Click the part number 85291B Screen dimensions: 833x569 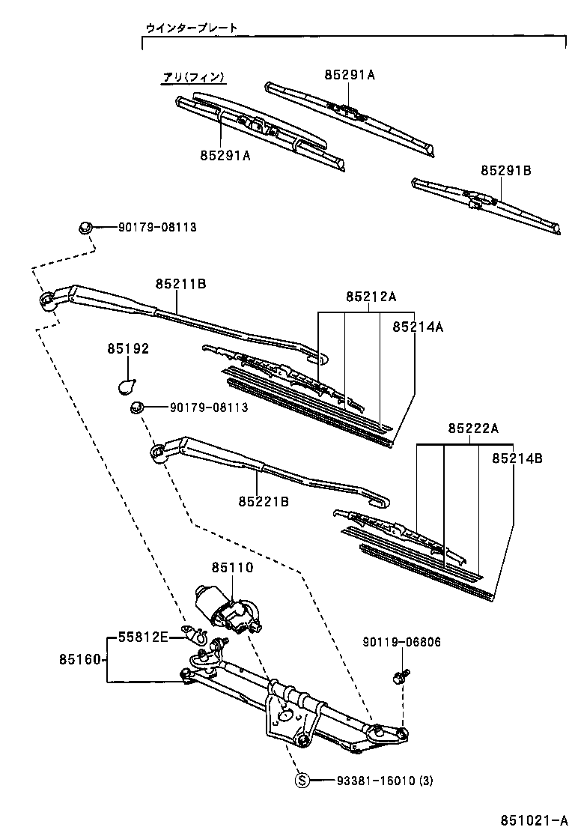tap(505, 171)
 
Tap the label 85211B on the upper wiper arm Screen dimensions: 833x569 tap(180, 284)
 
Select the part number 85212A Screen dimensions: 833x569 tap(371, 297)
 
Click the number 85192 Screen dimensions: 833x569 tap(128, 348)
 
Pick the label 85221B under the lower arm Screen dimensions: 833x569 tap(264, 500)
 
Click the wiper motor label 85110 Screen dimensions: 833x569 tap(232, 569)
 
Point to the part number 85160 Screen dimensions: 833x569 tap(80, 660)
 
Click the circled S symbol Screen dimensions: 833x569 tap(302, 781)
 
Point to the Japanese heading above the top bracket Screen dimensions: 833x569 tap(192, 28)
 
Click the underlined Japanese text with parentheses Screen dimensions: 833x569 tap(194, 76)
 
